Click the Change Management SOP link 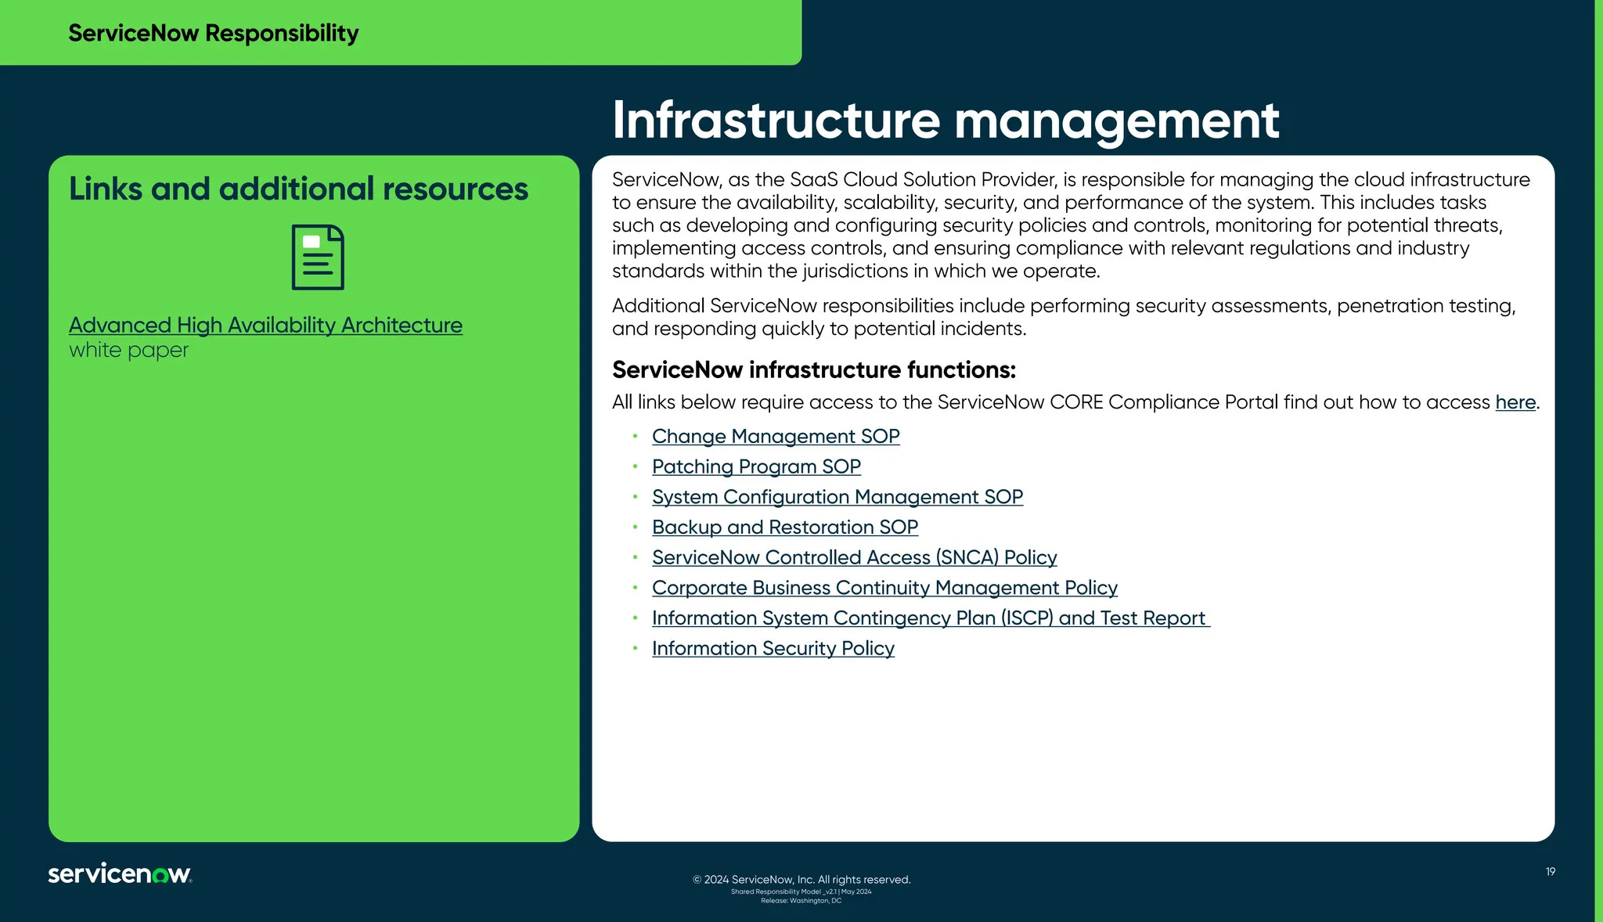tap(775, 437)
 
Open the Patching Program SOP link tap(755, 467)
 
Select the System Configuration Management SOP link tap(837, 498)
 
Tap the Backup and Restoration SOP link tap(784, 528)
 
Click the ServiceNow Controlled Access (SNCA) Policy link tap(854, 558)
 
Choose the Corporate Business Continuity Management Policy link tap(884, 589)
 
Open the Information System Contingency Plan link tap(929, 618)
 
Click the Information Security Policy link tap(773, 649)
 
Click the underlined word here tap(1515, 402)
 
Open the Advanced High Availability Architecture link tap(265, 326)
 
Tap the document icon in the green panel tap(318, 258)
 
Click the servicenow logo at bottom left tap(120, 873)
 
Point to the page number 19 tap(1550, 872)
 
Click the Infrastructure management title tap(945, 121)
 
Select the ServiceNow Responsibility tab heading tap(213, 33)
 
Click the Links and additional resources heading tap(298, 189)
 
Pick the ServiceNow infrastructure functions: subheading tap(813, 369)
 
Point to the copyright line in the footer tap(801, 880)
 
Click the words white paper tap(128, 350)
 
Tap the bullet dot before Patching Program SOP tap(636, 466)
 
